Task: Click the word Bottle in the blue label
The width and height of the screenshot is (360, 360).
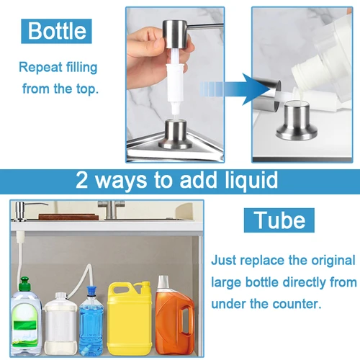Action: click(57, 31)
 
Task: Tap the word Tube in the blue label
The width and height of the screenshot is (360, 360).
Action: click(278, 219)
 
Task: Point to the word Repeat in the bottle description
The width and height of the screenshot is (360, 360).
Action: click(44, 68)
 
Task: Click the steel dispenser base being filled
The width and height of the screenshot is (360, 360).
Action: click(297, 120)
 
